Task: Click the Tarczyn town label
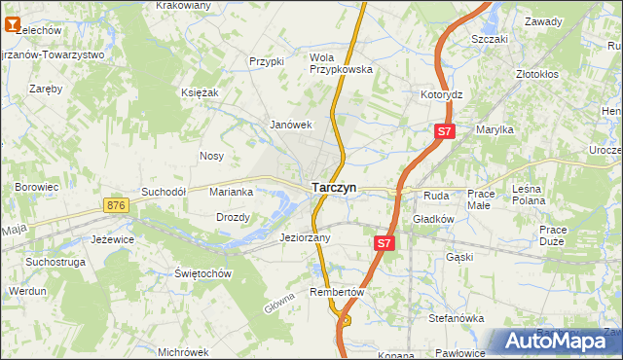[334, 187]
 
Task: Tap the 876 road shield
[117, 205]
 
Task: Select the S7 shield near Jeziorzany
[384, 244]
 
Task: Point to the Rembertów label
[337, 292]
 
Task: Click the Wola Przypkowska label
[341, 63]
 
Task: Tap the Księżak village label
[200, 91]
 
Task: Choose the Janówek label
[291, 125]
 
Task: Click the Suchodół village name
[164, 192]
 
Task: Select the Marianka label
[232, 192]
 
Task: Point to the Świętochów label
[202, 273]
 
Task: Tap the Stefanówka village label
[457, 317]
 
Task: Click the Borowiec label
[37, 185]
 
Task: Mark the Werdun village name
[27, 291]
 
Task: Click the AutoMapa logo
[558, 342]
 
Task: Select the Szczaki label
[490, 40]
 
